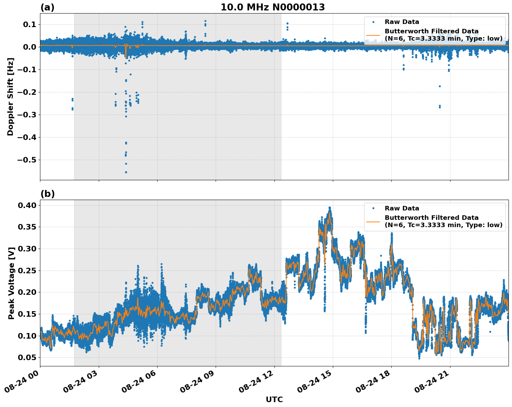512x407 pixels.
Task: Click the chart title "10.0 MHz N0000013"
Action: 272,7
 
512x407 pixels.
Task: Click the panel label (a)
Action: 47,7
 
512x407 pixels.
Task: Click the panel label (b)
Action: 47,194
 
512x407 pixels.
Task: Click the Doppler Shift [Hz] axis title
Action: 10,97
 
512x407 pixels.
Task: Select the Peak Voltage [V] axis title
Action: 11,283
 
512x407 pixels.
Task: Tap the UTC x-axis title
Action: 274,399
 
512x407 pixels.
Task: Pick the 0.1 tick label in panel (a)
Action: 30,25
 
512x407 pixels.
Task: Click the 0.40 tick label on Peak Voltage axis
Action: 27,206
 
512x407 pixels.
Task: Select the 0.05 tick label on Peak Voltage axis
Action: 27,358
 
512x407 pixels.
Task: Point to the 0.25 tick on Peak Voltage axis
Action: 27,271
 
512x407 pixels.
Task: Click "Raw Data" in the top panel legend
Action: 402,22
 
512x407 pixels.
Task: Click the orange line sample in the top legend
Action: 373,35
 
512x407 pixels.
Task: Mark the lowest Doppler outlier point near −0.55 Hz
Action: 126,172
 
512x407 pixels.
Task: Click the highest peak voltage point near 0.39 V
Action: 329,208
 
